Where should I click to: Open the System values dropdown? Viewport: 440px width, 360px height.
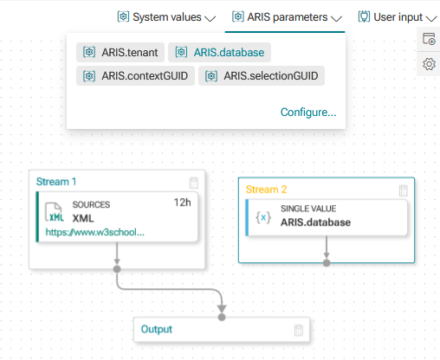[166, 17]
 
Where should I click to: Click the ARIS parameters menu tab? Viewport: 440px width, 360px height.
[287, 17]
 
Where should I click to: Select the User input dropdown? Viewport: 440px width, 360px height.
[398, 17]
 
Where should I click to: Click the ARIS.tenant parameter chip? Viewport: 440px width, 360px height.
[120, 52]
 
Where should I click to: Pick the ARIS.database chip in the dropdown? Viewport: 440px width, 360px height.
[219, 52]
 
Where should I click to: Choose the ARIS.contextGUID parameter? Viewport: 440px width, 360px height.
[135, 76]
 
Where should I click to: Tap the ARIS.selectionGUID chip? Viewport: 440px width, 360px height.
[262, 76]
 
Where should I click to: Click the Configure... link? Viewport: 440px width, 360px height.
[308, 112]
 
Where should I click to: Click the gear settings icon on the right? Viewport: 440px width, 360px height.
[429, 64]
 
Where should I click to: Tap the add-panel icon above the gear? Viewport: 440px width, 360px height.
[429, 39]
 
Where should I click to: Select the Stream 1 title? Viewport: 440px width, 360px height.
[56, 182]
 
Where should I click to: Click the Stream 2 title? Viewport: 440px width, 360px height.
[266, 190]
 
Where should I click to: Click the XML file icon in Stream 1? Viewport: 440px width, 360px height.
[55, 212]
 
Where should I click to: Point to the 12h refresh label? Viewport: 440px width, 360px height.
[182, 202]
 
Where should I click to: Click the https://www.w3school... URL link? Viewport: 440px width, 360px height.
[95, 232]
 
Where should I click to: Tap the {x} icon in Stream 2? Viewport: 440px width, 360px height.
[263, 217]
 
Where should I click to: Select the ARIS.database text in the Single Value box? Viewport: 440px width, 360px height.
[315, 222]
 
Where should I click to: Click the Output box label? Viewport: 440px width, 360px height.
[157, 329]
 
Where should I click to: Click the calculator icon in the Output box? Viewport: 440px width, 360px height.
[299, 331]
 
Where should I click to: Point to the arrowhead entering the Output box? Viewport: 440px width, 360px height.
[222, 309]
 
